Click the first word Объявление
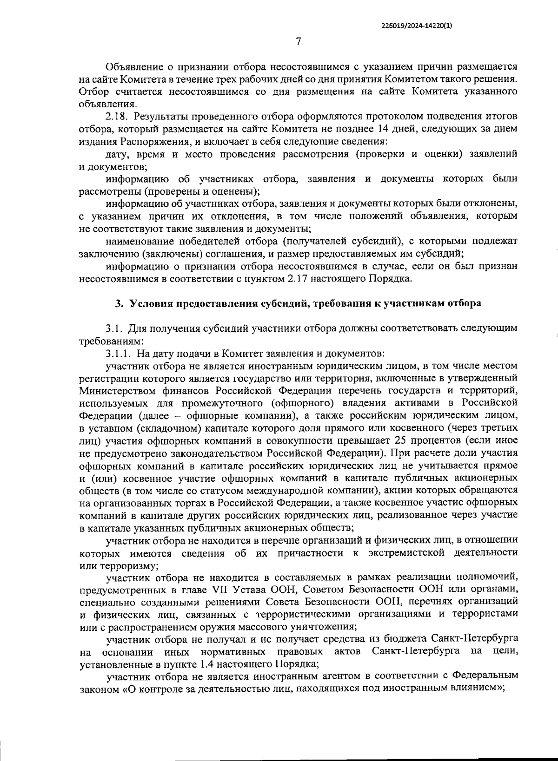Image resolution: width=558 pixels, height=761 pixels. tap(133, 67)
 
